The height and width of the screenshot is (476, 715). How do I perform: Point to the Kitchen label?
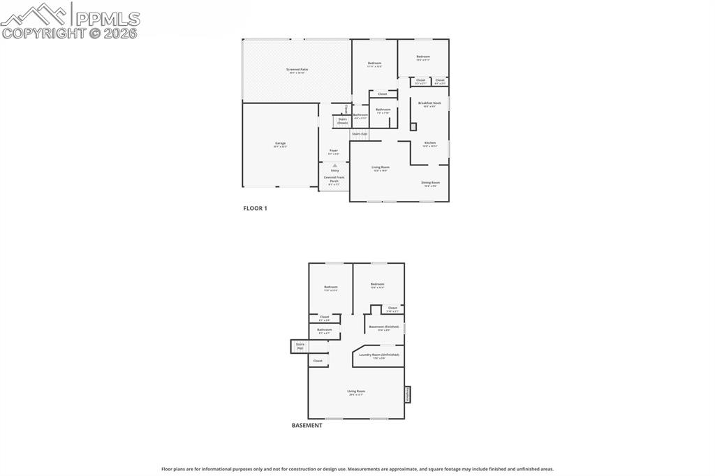click(x=429, y=144)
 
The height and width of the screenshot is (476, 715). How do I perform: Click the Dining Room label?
click(x=430, y=184)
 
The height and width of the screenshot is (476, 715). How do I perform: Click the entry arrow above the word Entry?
click(x=334, y=165)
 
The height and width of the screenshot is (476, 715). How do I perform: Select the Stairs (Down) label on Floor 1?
click(x=342, y=121)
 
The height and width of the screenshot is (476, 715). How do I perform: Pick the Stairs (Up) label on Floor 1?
click(x=360, y=133)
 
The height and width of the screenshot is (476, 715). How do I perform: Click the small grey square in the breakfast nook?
click(x=413, y=126)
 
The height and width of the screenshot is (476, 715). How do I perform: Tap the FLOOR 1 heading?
click(x=255, y=208)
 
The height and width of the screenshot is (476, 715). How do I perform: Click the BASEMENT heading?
click(x=307, y=425)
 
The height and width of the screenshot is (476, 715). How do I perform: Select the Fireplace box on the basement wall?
click(x=407, y=394)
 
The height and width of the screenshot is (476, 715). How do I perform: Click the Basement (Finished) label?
click(x=384, y=327)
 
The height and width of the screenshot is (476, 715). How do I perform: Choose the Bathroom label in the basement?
click(x=325, y=331)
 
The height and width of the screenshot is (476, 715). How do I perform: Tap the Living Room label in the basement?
click(x=356, y=392)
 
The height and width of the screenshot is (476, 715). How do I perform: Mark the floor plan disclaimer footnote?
click(x=357, y=469)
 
